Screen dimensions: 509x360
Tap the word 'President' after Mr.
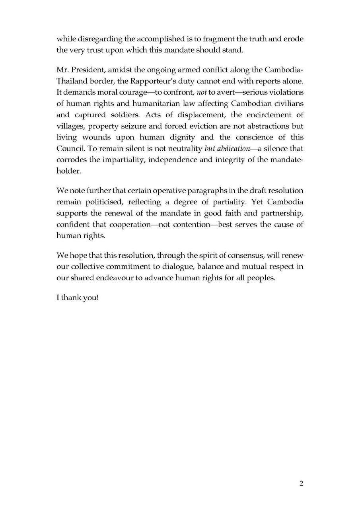88,70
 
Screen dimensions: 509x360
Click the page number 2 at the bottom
301,483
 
